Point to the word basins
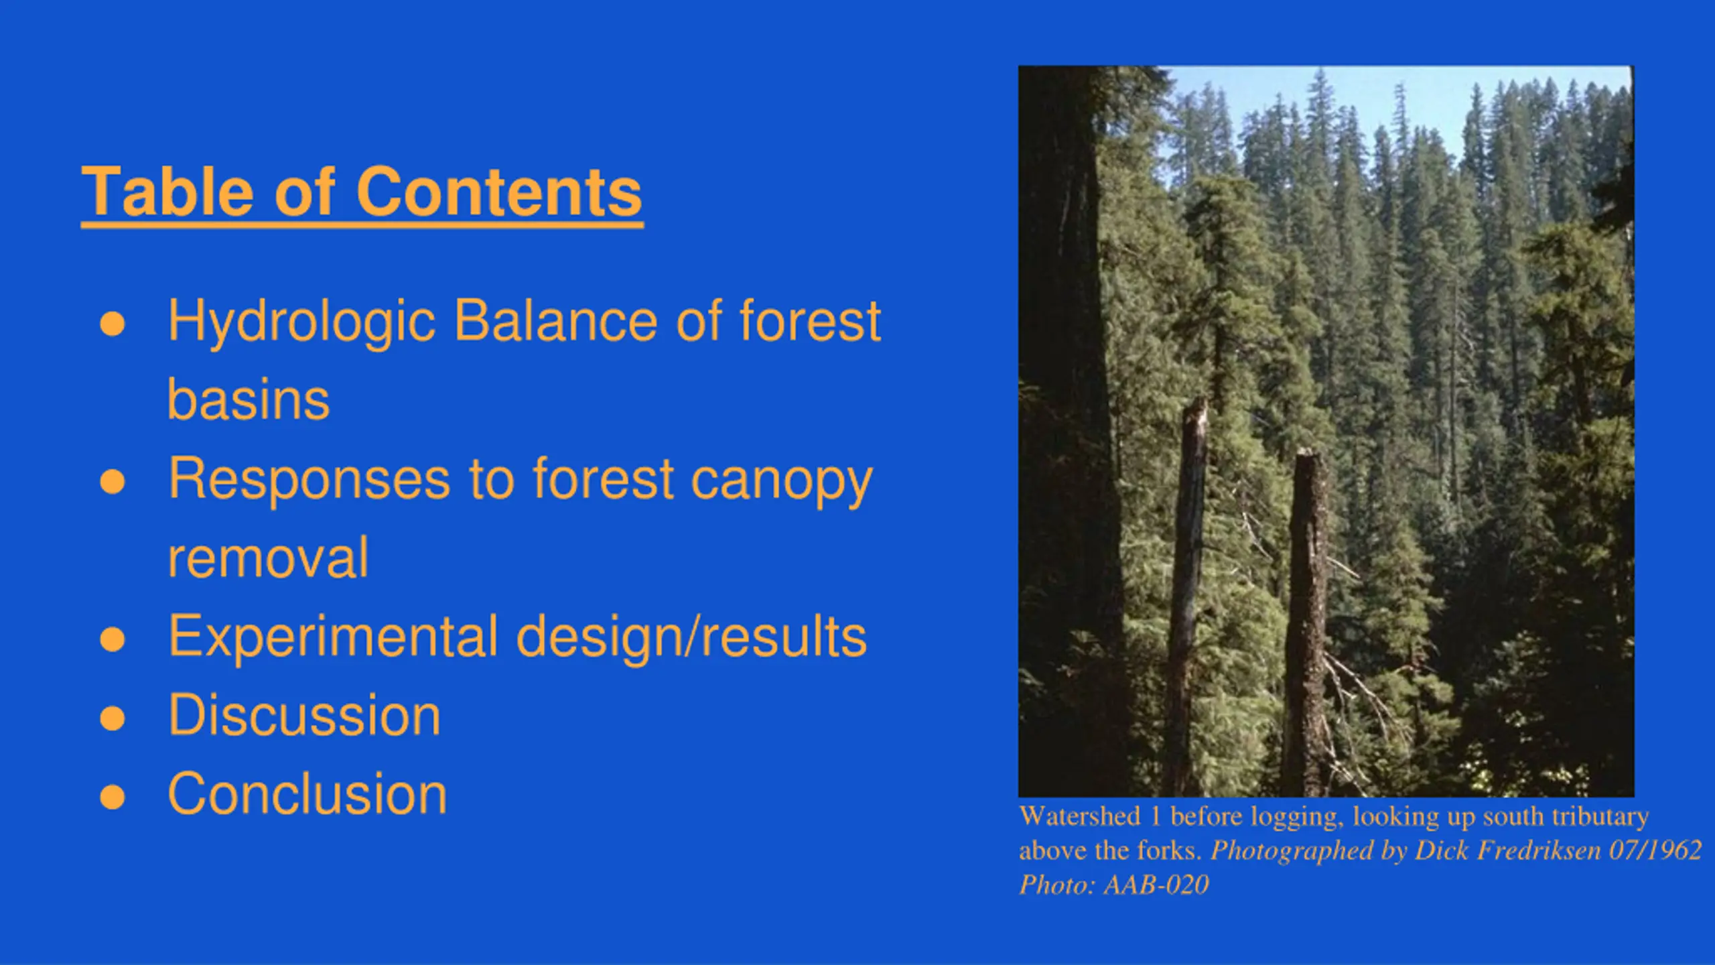point(249,399)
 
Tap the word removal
point(268,558)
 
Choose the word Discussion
point(305,716)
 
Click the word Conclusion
point(307,794)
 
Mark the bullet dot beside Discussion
point(113,718)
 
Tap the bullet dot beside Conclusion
point(113,797)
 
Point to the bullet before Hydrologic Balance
point(113,324)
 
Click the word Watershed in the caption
point(1079,816)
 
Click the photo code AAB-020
point(1156,885)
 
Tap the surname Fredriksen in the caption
point(1538,850)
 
